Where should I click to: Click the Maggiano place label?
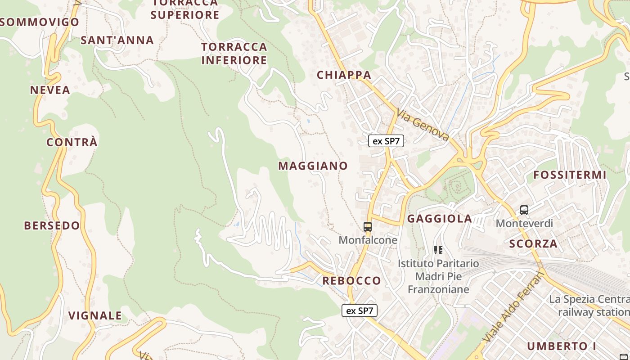[x=313, y=166]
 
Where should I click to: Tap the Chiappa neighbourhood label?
[x=344, y=75]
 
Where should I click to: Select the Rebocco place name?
[x=351, y=281]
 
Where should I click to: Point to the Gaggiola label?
[x=440, y=219]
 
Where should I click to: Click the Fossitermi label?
[x=570, y=175]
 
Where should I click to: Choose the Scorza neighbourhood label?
[x=533, y=244]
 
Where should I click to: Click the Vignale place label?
[x=95, y=316]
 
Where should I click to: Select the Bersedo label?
[x=52, y=226]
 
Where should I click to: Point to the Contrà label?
[x=72, y=143]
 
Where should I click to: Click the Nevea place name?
[x=50, y=90]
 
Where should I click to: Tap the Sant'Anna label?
[x=117, y=40]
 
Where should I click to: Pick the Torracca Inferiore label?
[x=234, y=54]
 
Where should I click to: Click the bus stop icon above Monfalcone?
[x=368, y=227]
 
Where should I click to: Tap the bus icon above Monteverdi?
[x=524, y=210]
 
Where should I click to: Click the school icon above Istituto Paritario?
[x=438, y=250]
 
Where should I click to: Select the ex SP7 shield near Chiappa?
[x=386, y=141]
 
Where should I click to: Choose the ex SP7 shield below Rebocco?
[x=359, y=310]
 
